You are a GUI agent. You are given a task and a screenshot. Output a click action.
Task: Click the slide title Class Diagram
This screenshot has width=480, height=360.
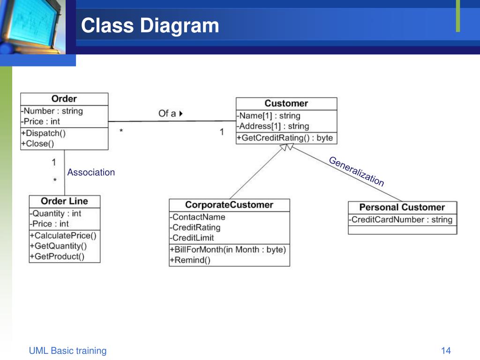(150, 25)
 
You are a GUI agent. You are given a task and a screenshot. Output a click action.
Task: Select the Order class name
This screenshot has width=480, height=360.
(64, 99)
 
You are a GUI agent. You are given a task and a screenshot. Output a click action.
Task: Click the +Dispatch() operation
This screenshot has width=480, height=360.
(44, 133)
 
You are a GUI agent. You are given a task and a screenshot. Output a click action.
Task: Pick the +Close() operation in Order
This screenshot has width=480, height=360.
(37, 144)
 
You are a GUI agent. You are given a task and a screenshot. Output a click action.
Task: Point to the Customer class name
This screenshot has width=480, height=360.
(286, 104)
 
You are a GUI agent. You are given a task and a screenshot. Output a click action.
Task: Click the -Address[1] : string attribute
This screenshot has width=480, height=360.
(273, 126)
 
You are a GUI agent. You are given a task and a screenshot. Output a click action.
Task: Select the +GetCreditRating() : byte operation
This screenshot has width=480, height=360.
(285, 138)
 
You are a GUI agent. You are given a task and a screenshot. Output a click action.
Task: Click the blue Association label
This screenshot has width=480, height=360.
(91, 172)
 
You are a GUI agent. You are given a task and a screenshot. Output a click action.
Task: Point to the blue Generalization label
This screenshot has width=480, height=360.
(356, 172)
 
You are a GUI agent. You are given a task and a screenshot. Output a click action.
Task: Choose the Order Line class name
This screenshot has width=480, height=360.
(64, 201)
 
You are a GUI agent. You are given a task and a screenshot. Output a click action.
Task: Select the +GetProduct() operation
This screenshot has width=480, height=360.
(57, 256)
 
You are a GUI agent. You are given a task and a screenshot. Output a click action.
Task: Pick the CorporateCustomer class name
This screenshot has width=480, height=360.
(229, 205)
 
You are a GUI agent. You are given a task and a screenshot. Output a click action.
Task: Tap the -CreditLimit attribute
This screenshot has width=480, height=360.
(192, 238)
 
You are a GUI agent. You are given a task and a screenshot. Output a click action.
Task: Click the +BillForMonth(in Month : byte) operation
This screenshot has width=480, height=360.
(228, 250)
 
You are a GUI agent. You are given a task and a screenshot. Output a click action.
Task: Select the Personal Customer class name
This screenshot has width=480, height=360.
(402, 207)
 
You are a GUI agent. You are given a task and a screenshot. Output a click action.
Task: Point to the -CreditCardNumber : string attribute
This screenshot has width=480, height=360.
(401, 219)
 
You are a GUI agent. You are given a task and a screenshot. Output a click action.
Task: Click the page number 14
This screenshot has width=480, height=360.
(446, 351)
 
